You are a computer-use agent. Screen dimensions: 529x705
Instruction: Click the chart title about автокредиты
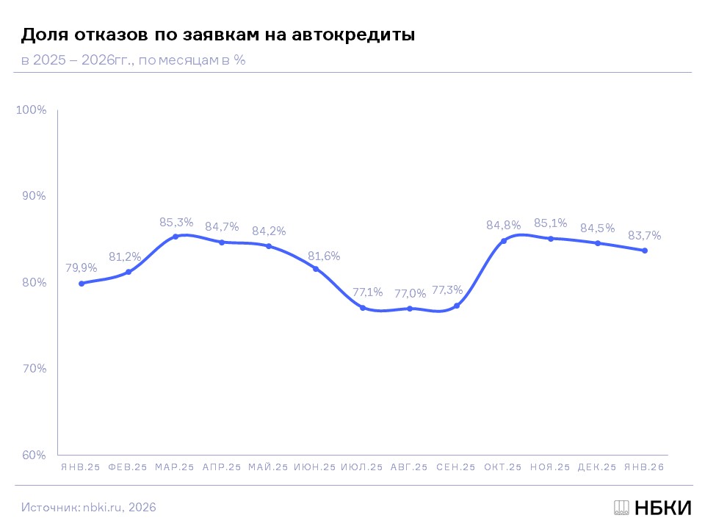pyautogui.click(x=217, y=35)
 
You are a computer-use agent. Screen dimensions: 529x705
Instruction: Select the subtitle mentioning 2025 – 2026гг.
pyautogui.click(x=133, y=60)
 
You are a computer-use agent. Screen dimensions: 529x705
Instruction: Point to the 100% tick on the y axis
pyautogui.click(x=32, y=110)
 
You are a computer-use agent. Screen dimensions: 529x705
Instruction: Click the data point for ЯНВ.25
pyautogui.click(x=81, y=283)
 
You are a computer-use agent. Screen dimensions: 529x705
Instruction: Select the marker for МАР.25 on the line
pyautogui.click(x=175, y=237)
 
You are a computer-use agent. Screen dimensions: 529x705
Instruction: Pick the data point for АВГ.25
pyautogui.click(x=410, y=309)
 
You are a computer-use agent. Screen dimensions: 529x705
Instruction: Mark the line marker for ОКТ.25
pyautogui.click(x=504, y=241)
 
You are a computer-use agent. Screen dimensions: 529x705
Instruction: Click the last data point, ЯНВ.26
pyautogui.click(x=645, y=251)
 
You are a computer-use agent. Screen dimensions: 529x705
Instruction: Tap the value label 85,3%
pyautogui.click(x=176, y=221)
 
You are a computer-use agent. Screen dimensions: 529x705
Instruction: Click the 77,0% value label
pyautogui.click(x=409, y=293)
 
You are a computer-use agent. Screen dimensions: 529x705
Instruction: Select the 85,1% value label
pyautogui.click(x=550, y=223)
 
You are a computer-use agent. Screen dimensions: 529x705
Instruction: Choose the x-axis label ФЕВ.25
pyautogui.click(x=128, y=467)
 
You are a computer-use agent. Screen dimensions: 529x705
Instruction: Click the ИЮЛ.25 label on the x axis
pyautogui.click(x=362, y=467)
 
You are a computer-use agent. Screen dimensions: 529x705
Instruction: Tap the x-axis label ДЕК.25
pyautogui.click(x=597, y=467)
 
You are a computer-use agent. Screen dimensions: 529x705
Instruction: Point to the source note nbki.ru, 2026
pyautogui.click(x=89, y=507)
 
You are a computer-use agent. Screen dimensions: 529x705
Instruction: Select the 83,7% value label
pyautogui.click(x=644, y=236)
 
